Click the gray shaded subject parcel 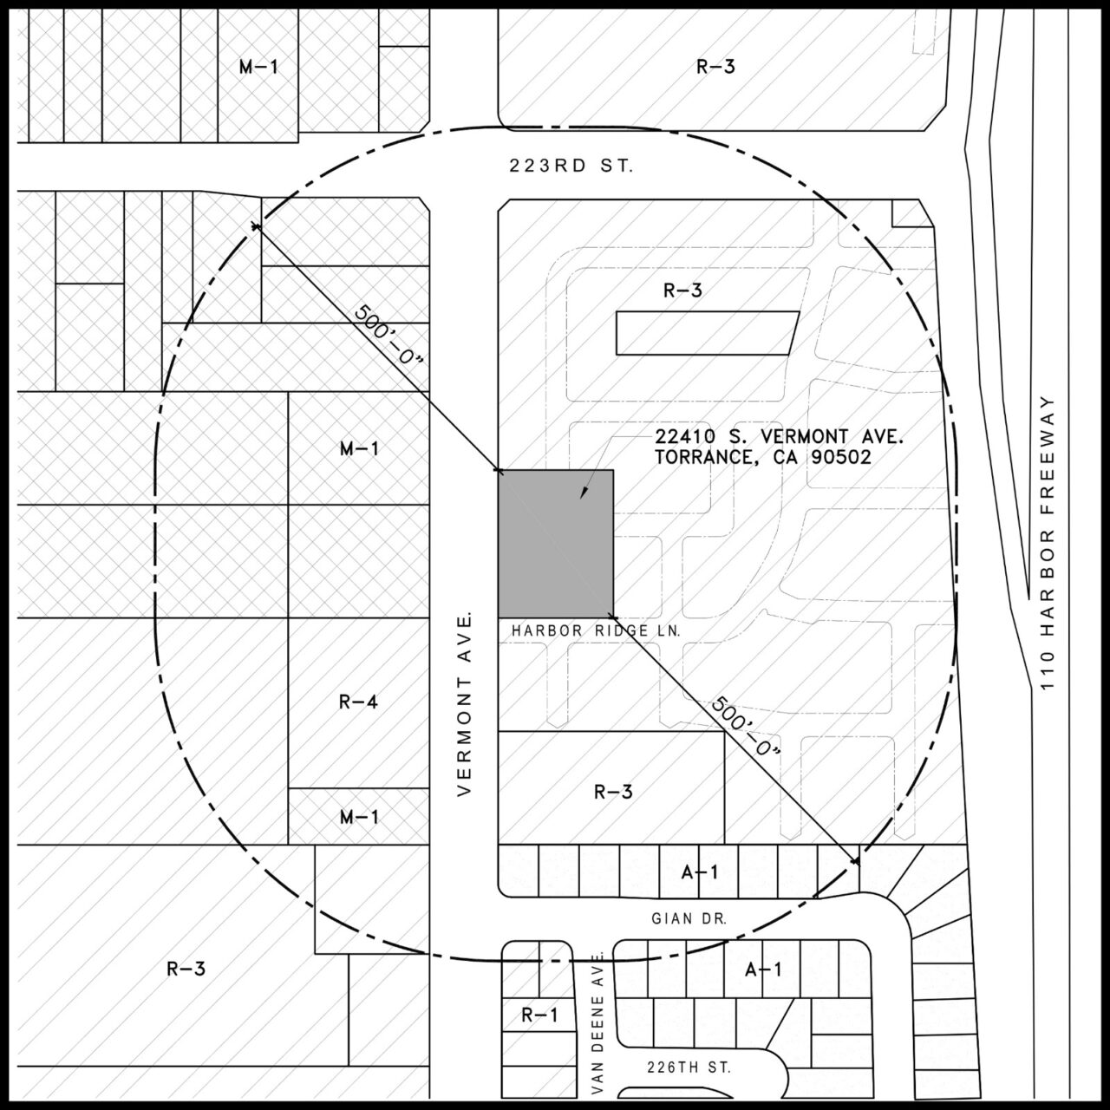pos(555,544)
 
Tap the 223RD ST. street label pos(571,167)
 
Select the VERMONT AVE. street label pos(464,704)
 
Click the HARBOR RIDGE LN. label pos(596,631)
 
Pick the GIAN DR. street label pos(689,918)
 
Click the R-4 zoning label pos(358,702)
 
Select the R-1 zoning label pos(539,1015)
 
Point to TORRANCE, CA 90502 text pos(763,457)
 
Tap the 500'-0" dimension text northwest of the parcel pos(388,334)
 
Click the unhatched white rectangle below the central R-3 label pos(708,333)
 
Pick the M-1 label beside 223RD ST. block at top pos(258,68)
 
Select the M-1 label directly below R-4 pos(359,817)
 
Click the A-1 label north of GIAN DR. pos(699,872)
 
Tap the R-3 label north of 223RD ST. pos(716,68)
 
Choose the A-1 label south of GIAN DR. pos(763,970)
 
